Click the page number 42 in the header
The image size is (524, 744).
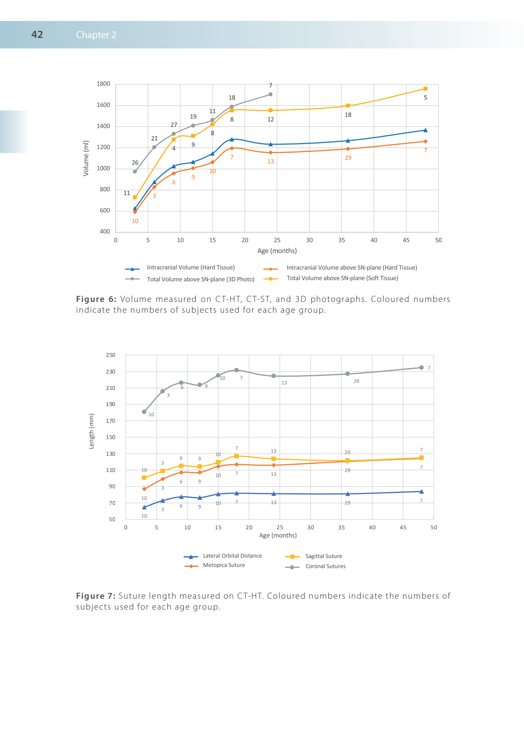pyautogui.click(x=37, y=34)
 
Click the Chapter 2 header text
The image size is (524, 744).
pyautogui.click(x=96, y=35)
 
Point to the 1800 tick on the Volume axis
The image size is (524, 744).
pyautogui.click(x=103, y=84)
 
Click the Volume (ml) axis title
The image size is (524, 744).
pyautogui.click(x=86, y=158)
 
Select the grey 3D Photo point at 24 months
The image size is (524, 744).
pyautogui.click(x=271, y=94)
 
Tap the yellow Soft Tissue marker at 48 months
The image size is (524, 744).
pyautogui.click(x=425, y=89)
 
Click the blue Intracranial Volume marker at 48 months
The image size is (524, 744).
pyautogui.click(x=425, y=130)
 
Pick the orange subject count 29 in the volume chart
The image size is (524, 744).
pyautogui.click(x=348, y=158)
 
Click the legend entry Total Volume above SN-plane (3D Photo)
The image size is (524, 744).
pyautogui.click(x=200, y=279)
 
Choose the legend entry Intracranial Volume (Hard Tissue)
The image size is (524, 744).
pyautogui.click(x=191, y=267)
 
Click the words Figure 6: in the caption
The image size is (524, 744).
pyautogui.click(x=96, y=299)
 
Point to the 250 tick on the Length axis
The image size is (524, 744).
pyautogui.click(x=111, y=355)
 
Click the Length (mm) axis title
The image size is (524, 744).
pyautogui.click(x=91, y=431)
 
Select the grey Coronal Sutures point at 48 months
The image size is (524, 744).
pyautogui.click(x=421, y=367)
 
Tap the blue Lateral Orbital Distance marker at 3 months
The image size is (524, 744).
pyautogui.click(x=144, y=507)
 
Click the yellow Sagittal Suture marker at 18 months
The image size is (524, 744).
pyautogui.click(x=236, y=456)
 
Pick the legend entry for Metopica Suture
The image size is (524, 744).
pyautogui.click(x=224, y=565)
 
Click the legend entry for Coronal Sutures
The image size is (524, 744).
pyautogui.click(x=325, y=566)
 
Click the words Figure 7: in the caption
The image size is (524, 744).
pyautogui.click(x=96, y=596)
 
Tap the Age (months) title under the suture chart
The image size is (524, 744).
pyautogui.click(x=278, y=535)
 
